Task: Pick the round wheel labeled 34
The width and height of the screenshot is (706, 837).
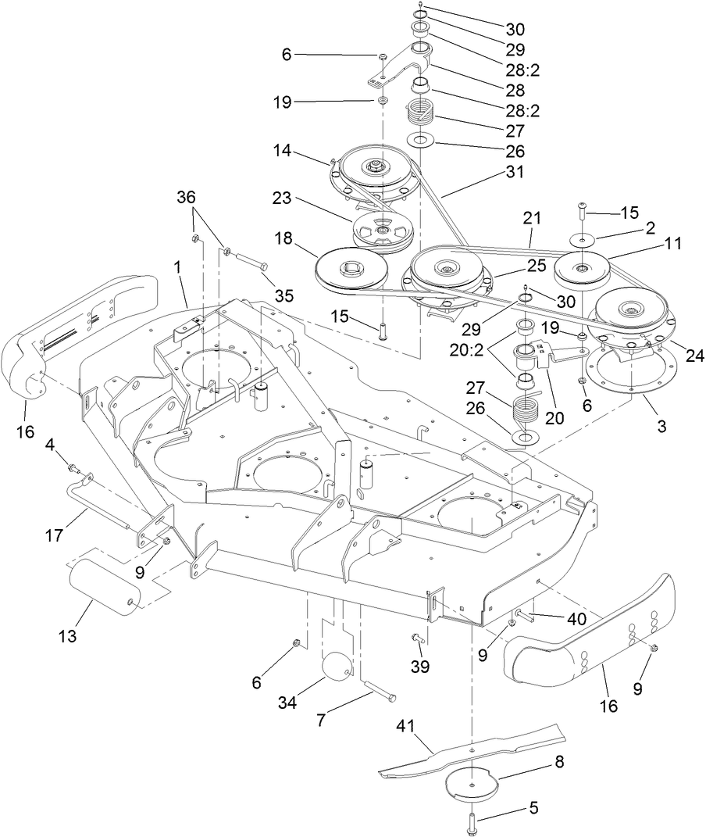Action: pos(340,668)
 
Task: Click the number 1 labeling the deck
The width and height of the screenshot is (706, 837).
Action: pos(178,266)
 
